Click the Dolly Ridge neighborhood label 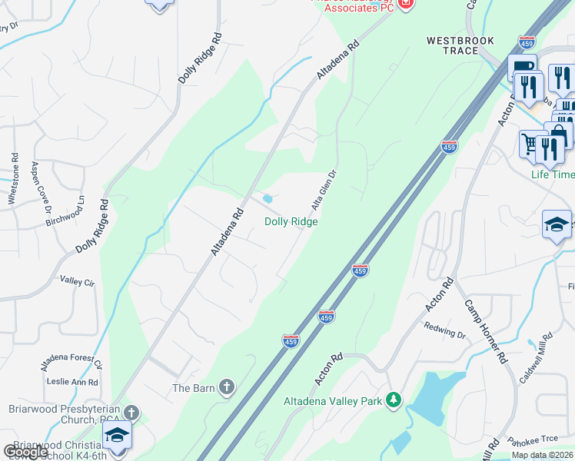tap(291, 221)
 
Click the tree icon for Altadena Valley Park tap(394, 400)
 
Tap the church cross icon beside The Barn tap(226, 388)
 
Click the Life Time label tap(553, 174)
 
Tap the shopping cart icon tap(530, 142)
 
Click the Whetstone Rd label tap(13, 177)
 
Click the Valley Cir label tap(76, 282)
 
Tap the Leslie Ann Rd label tap(72, 382)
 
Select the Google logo tap(25, 452)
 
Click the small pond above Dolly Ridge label tap(268, 199)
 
